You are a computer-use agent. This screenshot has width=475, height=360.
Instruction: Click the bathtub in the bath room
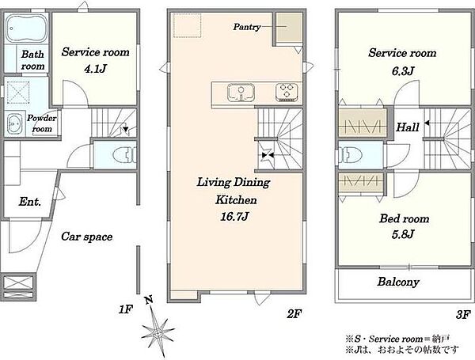(26, 28)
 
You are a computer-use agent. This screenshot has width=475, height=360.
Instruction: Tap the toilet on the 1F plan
(124, 155)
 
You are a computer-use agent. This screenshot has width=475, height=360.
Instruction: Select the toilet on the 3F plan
(351, 155)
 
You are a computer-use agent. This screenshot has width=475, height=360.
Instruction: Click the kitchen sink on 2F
(241, 93)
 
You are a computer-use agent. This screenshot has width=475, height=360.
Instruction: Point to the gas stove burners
(287, 92)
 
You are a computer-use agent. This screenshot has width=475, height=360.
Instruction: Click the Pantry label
(247, 27)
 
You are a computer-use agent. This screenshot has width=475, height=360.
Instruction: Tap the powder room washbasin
(14, 123)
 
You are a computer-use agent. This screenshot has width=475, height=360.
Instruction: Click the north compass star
(158, 332)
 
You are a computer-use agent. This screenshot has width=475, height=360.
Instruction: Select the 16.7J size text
(234, 217)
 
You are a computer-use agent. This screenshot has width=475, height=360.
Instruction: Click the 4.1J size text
(95, 70)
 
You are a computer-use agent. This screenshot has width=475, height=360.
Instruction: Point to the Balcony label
(398, 282)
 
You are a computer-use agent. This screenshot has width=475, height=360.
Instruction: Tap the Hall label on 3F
(408, 127)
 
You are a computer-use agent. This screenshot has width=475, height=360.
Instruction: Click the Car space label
(86, 237)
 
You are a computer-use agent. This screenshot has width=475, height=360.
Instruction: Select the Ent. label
(30, 201)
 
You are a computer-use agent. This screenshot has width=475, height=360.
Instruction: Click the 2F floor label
(294, 314)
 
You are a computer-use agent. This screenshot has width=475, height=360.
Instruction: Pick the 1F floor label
(125, 309)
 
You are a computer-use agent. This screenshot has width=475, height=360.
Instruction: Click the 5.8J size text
(403, 234)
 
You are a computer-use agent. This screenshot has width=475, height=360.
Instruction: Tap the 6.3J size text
(402, 71)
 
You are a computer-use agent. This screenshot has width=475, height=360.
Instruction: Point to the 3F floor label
(463, 314)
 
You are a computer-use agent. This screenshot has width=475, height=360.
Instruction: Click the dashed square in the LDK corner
(187, 25)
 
